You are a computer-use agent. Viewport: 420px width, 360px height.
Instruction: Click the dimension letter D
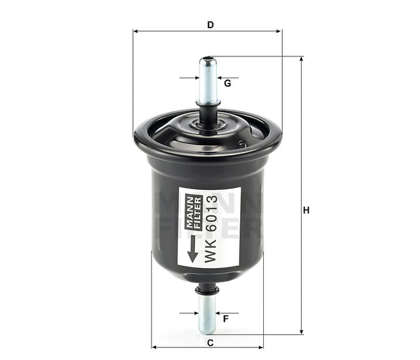coord(210,25)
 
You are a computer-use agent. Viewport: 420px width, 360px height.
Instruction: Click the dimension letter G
coord(227,83)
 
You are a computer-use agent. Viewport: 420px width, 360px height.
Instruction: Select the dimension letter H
coord(306,211)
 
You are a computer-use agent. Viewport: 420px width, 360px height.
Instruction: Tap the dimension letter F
coord(225,319)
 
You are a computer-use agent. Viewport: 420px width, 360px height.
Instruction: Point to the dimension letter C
coord(210,342)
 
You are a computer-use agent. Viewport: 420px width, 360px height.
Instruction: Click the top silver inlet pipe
coord(208,82)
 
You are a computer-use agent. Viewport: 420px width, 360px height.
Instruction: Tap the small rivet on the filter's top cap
coord(242,144)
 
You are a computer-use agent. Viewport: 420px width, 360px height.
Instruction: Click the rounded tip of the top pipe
coord(208,60)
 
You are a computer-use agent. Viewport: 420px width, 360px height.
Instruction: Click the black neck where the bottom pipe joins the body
coord(207,288)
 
